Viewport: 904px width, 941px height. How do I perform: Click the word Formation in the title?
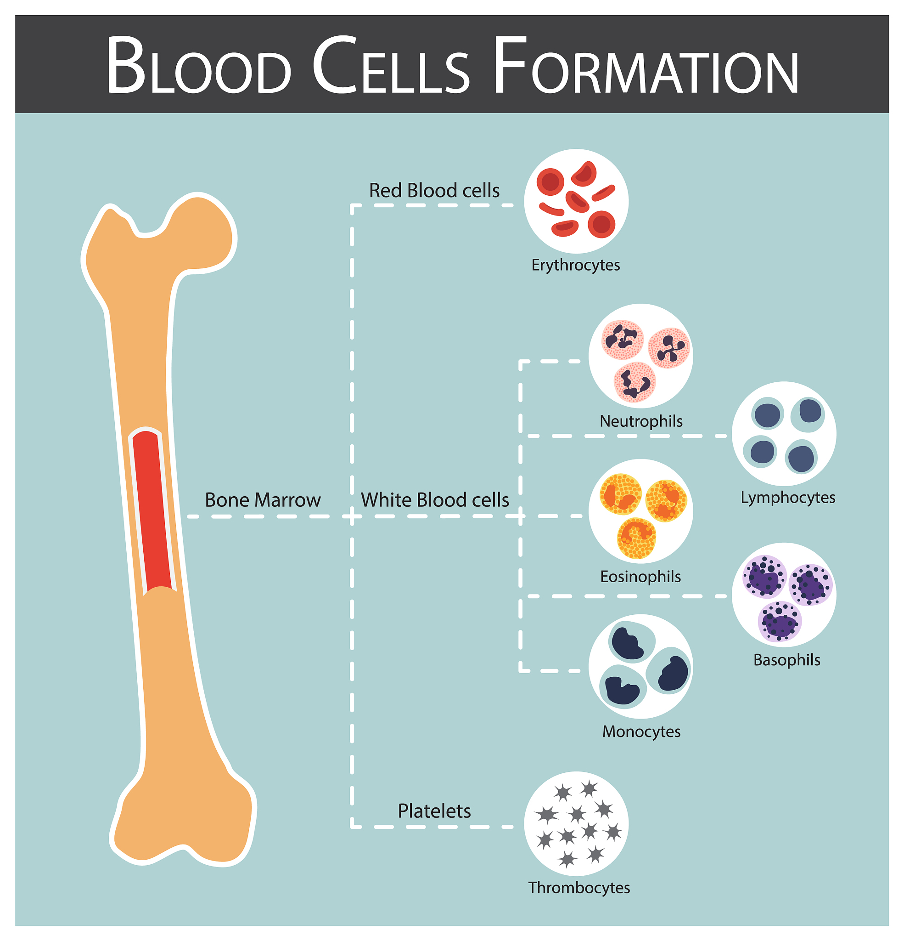pyautogui.click(x=646, y=66)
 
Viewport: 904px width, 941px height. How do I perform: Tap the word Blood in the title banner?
pyautogui.click(x=199, y=66)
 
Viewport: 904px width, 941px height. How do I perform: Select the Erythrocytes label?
pyautogui.click(x=575, y=265)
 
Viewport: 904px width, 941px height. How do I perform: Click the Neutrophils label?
pyautogui.click(x=641, y=421)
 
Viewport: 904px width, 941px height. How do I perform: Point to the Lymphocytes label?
pyautogui.click(x=788, y=498)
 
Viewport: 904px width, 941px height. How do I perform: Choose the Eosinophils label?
pyautogui.click(x=640, y=576)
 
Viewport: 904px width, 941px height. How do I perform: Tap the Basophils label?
pyautogui.click(x=787, y=660)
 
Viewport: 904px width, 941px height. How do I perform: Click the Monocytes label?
pyautogui.click(x=641, y=731)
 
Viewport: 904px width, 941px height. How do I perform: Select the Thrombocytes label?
pyautogui.click(x=579, y=888)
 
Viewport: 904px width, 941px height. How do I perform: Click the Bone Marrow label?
pyautogui.click(x=263, y=500)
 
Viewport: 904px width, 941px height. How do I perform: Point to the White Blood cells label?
pyautogui.click(x=435, y=500)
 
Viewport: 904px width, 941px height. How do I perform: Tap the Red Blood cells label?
pyautogui.click(x=434, y=191)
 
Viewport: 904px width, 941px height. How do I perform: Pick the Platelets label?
pyautogui.click(x=434, y=811)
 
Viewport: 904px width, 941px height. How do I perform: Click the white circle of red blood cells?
pyautogui.click(x=576, y=201)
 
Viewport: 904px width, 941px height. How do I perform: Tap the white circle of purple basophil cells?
pyautogui.click(x=784, y=595)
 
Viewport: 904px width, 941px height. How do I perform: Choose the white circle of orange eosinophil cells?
pyautogui.click(x=640, y=511)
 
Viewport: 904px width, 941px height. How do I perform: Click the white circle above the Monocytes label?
pyautogui.click(x=640, y=666)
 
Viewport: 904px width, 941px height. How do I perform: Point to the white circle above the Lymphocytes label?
pyautogui.click(x=784, y=434)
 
